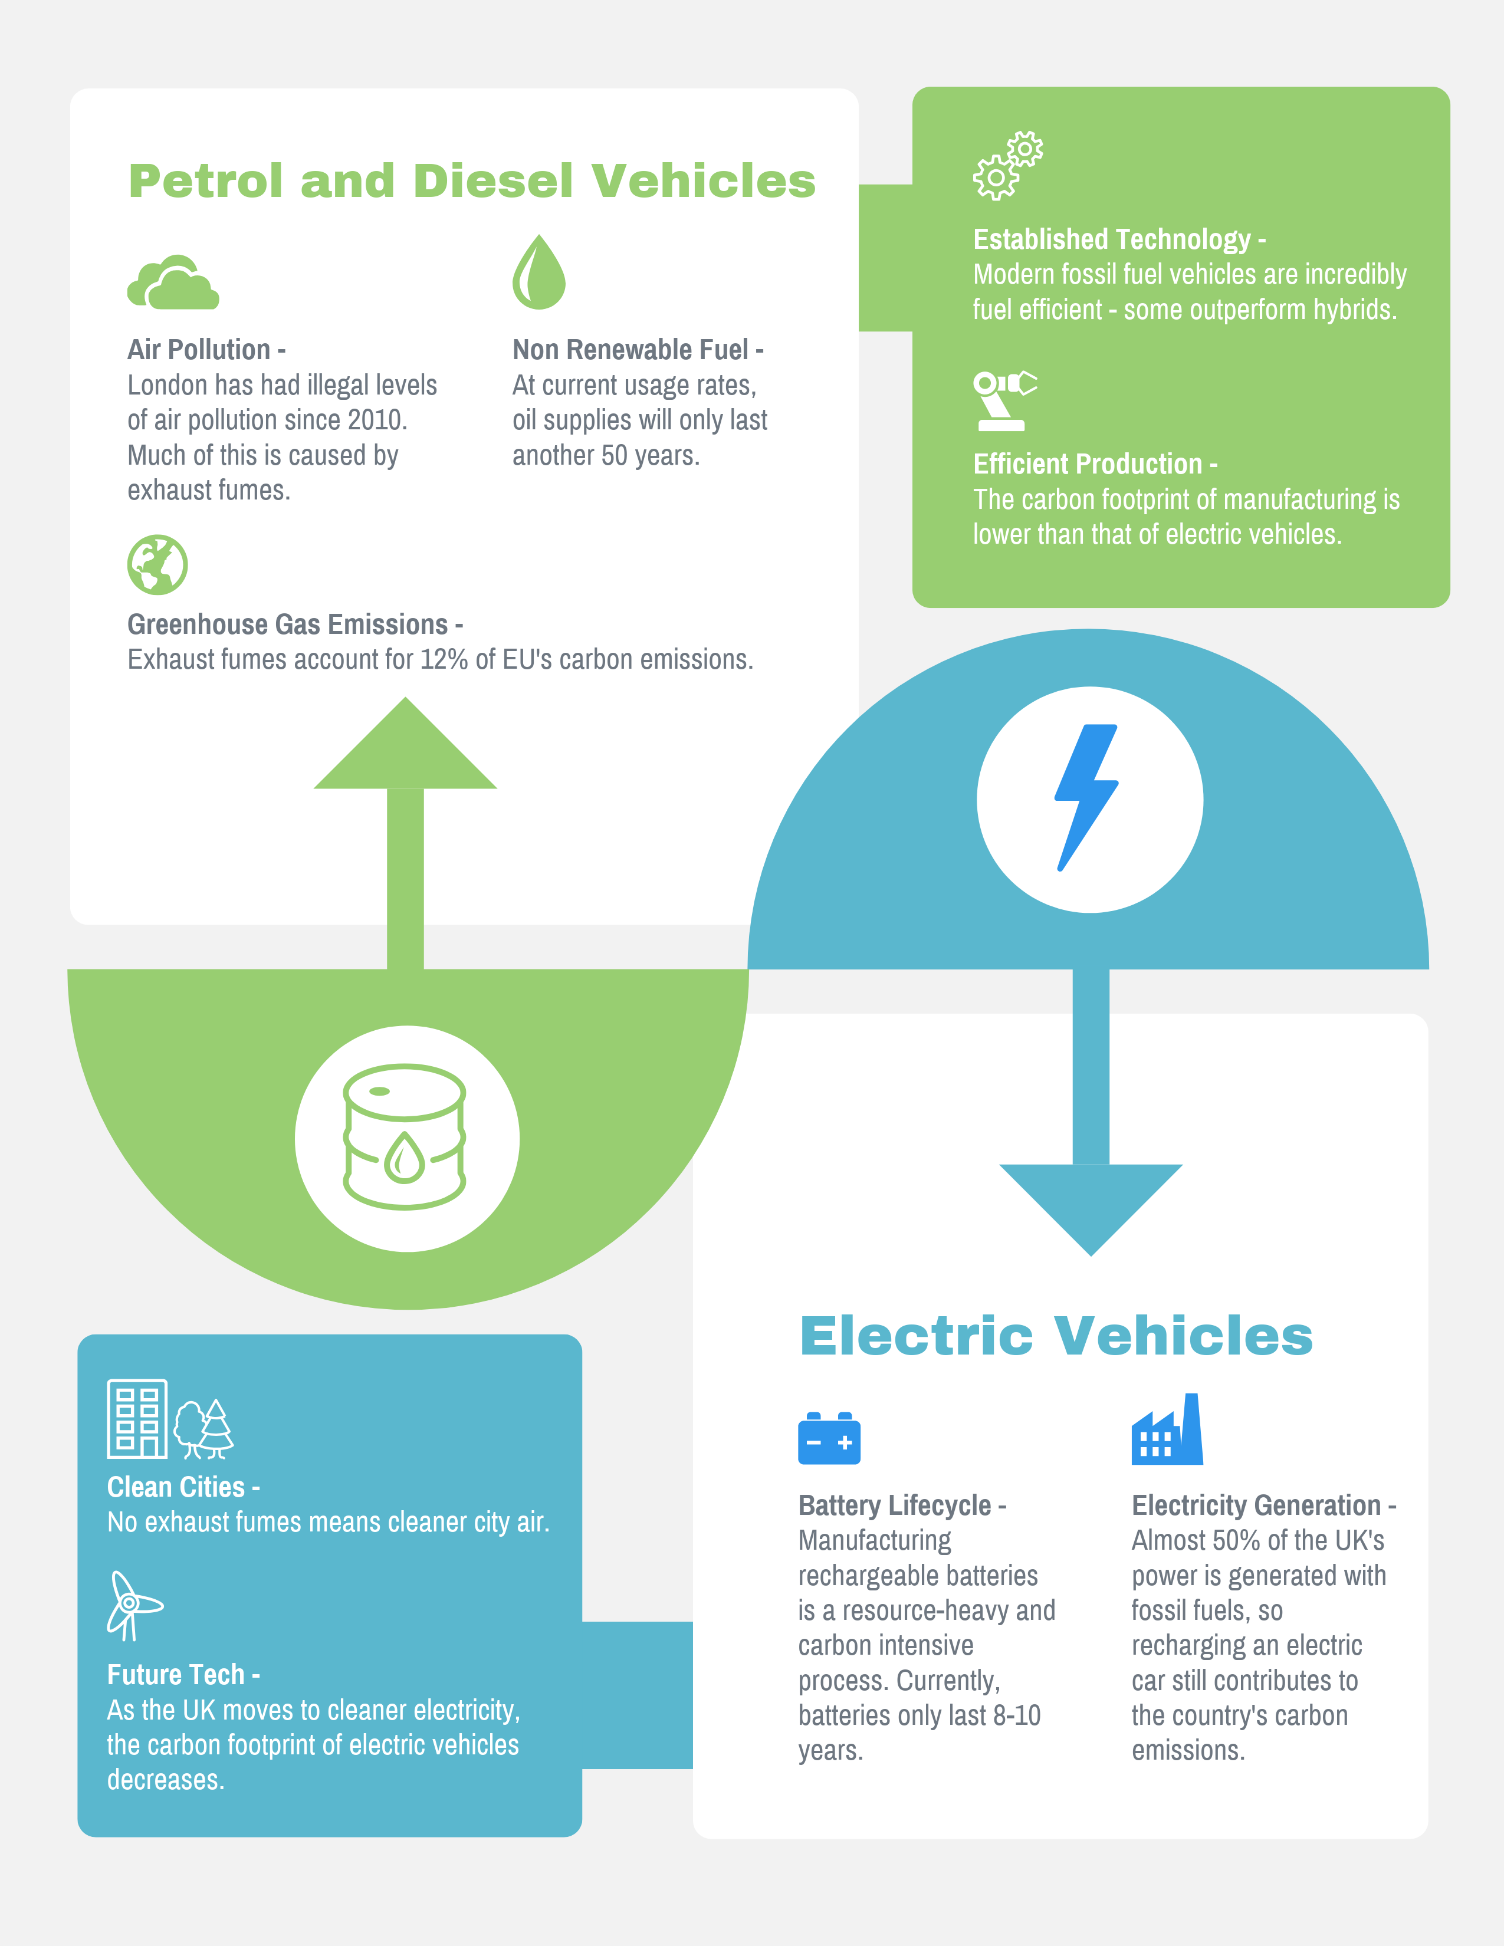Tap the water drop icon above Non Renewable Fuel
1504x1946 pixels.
pyautogui.click(x=539, y=272)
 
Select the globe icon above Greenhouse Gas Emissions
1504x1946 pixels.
pyautogui.click(x=157, y=565)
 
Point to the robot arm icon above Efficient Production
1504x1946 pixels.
pyautogui.click(x=1005, y=401)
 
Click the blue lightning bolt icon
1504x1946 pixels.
pyautogui.click(x=1086, y=797)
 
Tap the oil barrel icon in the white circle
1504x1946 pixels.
pyautogui.click(x=405, y=1137)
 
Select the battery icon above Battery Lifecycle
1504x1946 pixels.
pyautogui.click(x=829, y=1438)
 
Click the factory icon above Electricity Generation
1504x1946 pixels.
pyautogui.click(x=1167, y=1429)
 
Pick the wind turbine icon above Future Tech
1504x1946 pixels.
pyautogui.click(x=133, y=1606)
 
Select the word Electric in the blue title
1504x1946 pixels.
pyautogui.click(x=917, y=1336)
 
